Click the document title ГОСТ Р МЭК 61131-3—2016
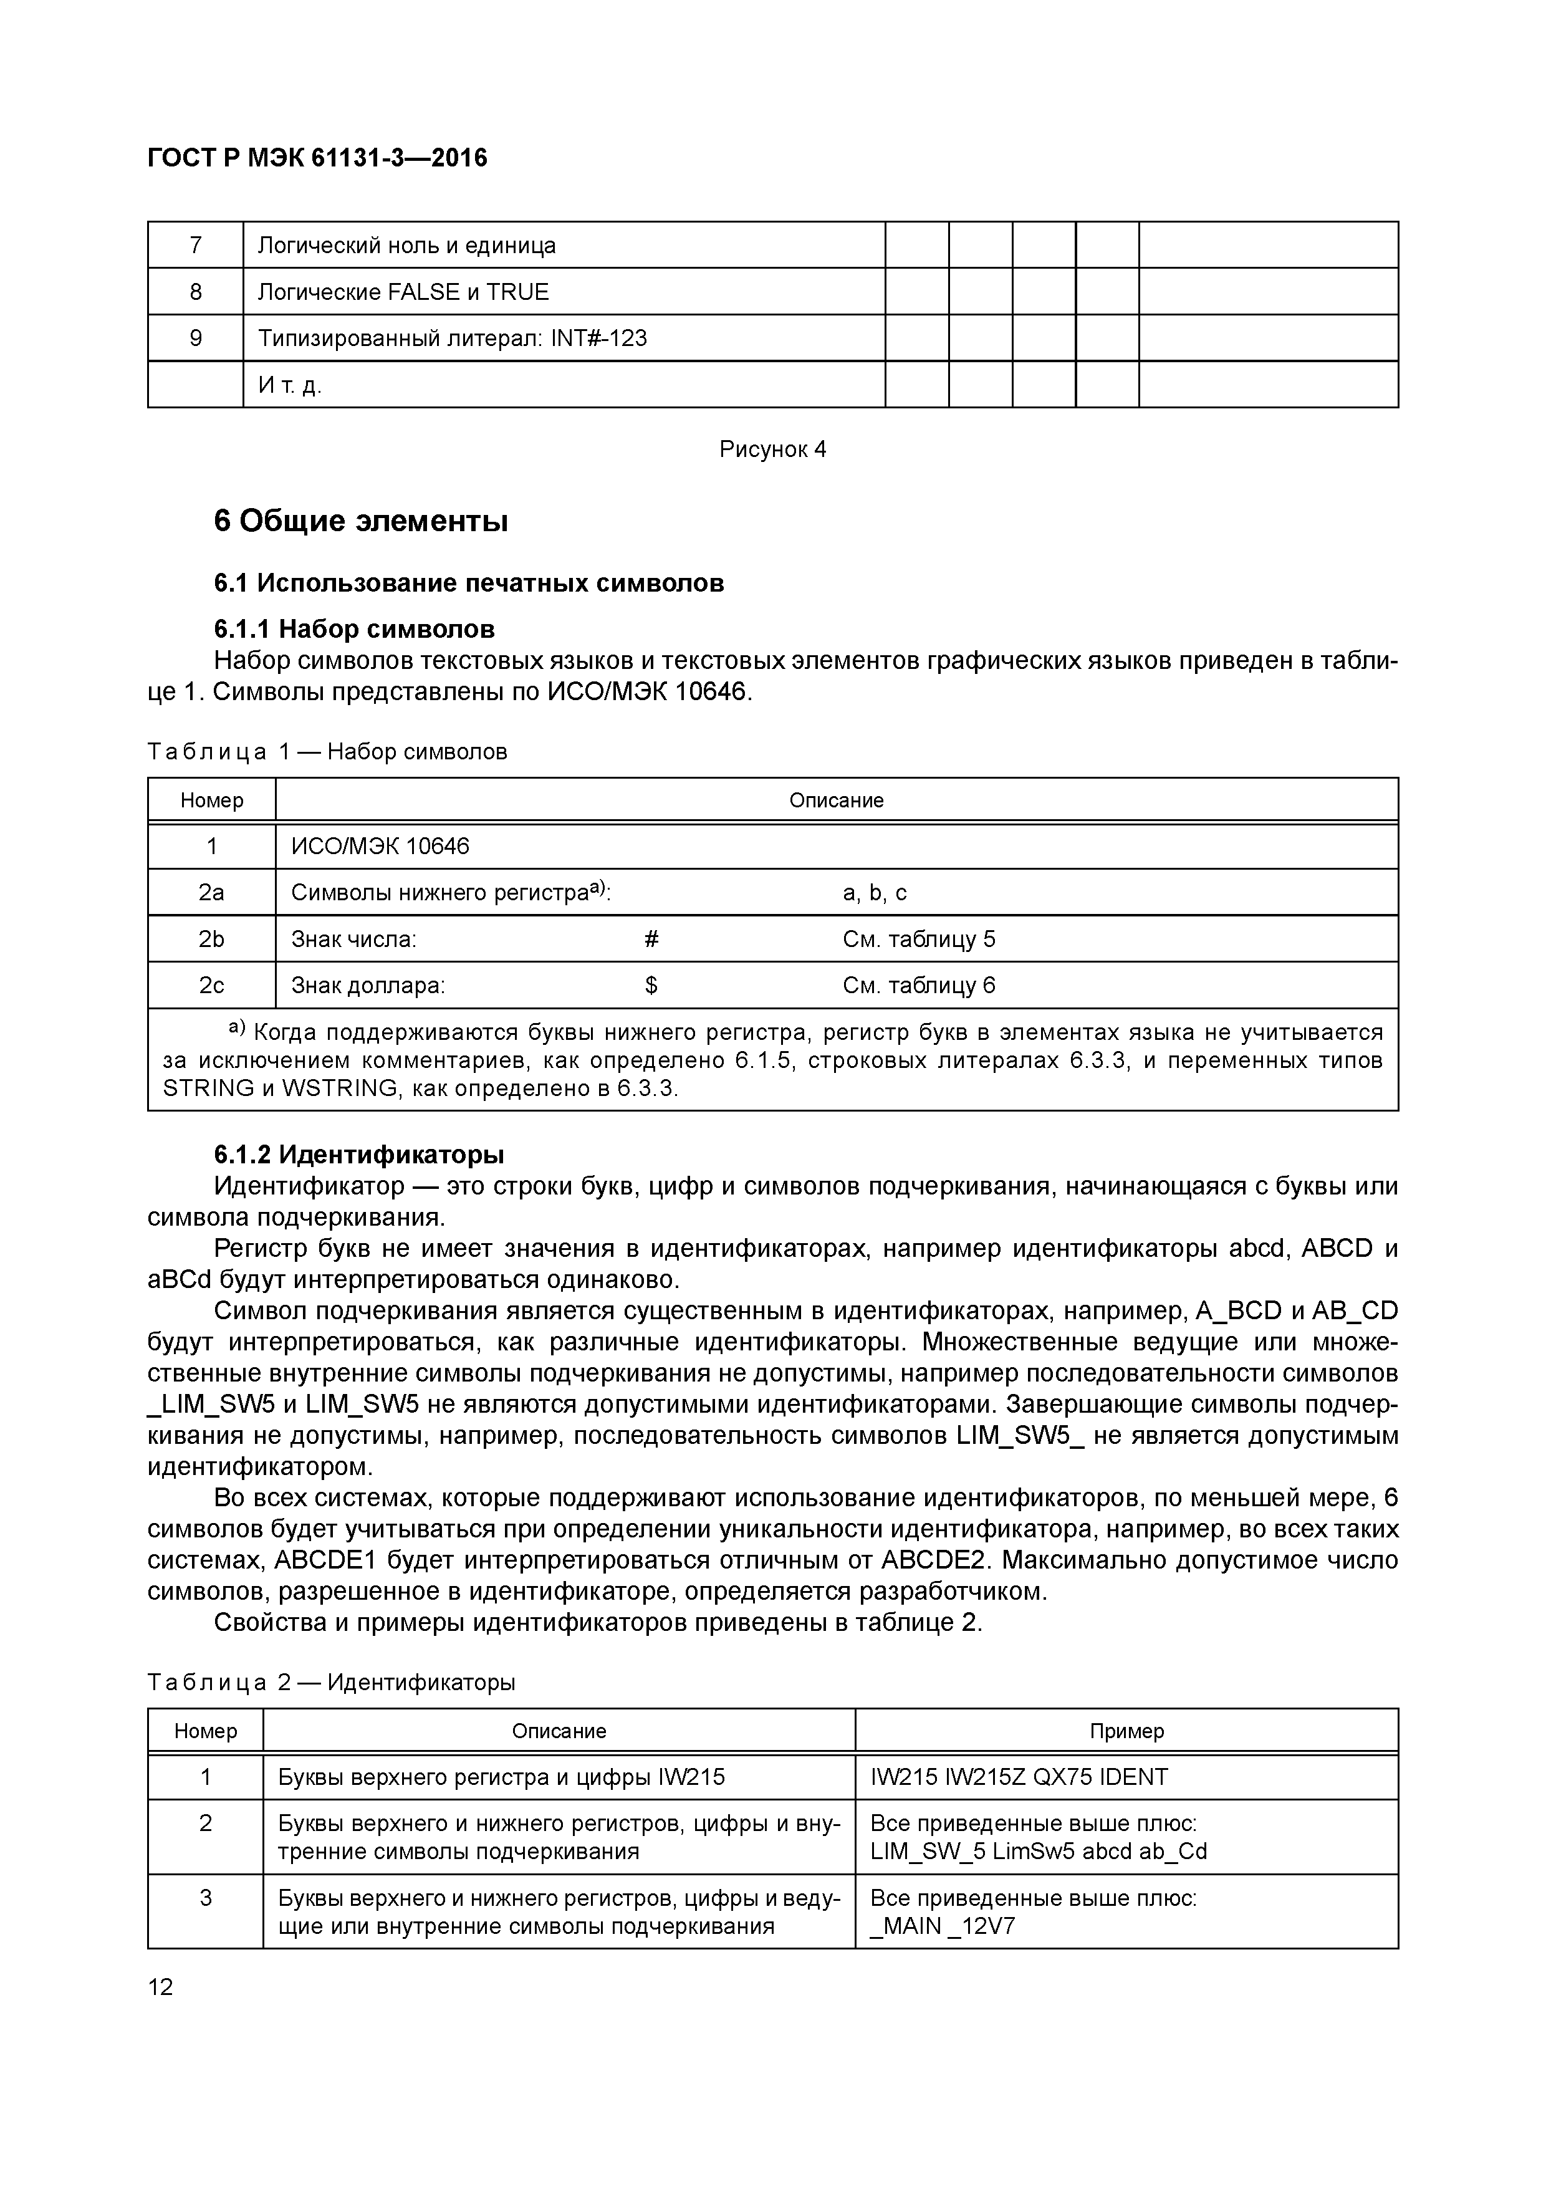tap(317, 158)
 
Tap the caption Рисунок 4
tap(772, 449)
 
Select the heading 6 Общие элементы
tap(361, 522)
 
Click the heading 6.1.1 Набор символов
tap(354, 630)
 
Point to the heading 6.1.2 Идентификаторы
tap(359, 1155)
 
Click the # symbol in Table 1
tap(651, 939)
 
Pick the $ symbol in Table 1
tap(651, 986)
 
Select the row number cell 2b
tap(211, 939)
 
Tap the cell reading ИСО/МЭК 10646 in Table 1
tap(380, 846)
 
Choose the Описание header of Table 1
tap(837, 800)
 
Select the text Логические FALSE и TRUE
tap(403, 292)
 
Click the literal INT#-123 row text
tap(453, 338)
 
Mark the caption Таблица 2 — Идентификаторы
tap(332, 1682)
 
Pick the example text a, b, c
tap(875, 893)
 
